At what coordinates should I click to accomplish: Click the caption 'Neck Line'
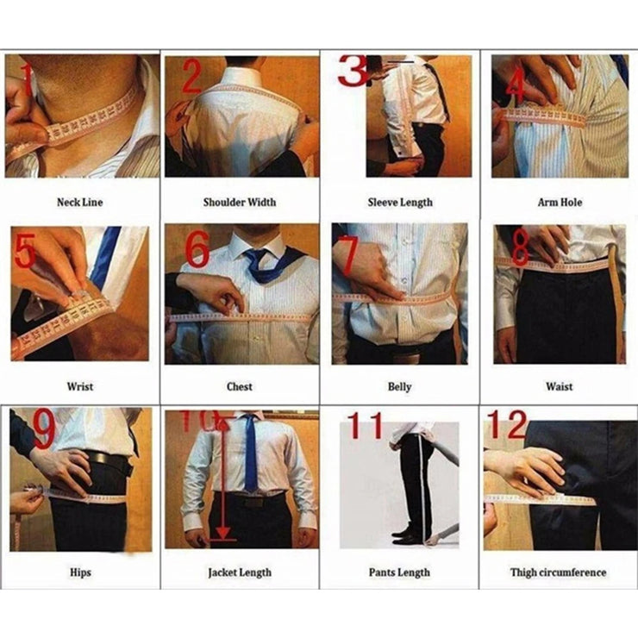point(79,203)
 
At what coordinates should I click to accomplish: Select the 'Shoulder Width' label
point(240,203)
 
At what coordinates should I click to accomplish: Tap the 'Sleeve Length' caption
point(399,203)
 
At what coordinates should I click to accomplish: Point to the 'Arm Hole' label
point(560,203)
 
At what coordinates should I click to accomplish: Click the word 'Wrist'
point(79,387)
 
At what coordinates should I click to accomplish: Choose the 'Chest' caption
point(240,387)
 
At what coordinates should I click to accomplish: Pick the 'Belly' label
point(399,387)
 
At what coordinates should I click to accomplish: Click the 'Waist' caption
point(559,387)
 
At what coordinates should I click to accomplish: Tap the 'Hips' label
point(79,572)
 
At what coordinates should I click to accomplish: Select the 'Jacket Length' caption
point(240,572)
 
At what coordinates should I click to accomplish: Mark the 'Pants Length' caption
point(399,572)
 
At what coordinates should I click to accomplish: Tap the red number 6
point(197,250)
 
